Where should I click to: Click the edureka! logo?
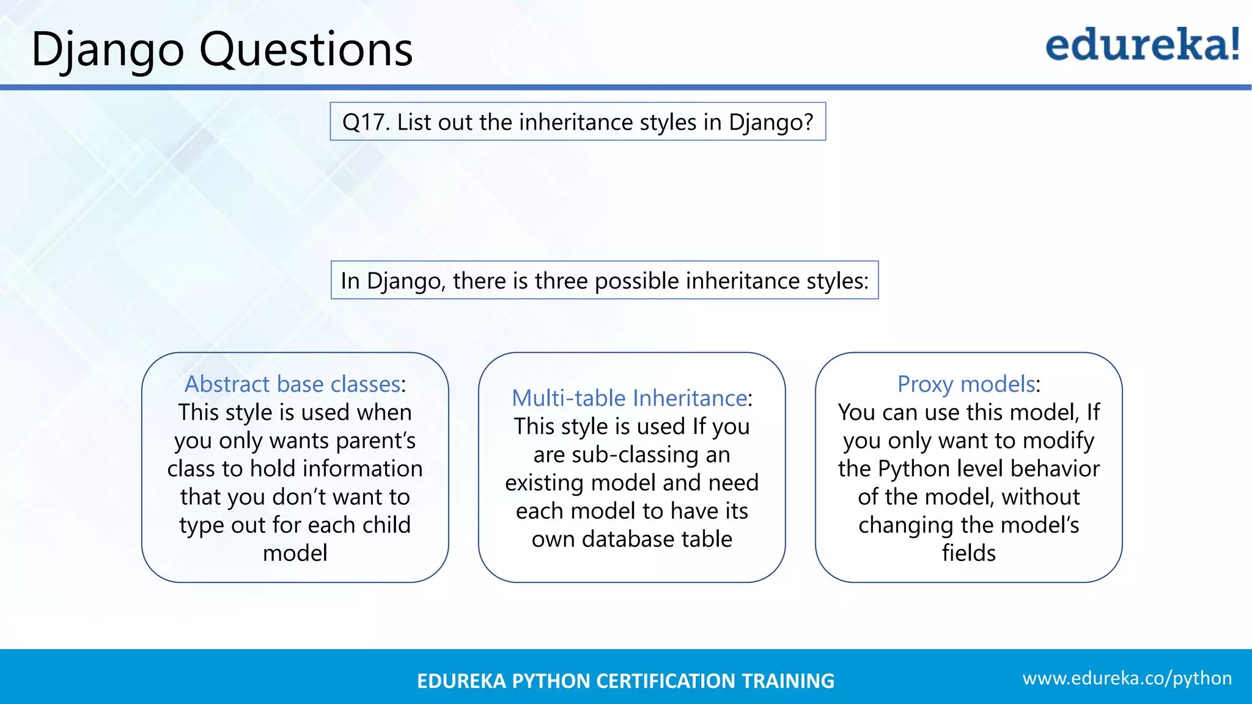pyautogui.click(x=1142, y=45)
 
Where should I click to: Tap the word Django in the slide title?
pyautogui.click(x=108, y=50)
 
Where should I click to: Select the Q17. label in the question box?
pyautogui.click(x=366, y=122)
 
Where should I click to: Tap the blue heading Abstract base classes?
pyautogui.click(x=292, y=384)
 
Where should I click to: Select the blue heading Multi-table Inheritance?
pyautogui.click(x=629, y=398)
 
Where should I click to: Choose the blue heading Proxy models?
pyautogui.click(x=966, y=384)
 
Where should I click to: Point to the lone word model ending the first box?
pyautogui.click(x=295, y=553)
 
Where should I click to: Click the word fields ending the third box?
pyautogui.click(x=968, y=553)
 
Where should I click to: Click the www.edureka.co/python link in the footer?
pyautogui.click(x=1127, y=678)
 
